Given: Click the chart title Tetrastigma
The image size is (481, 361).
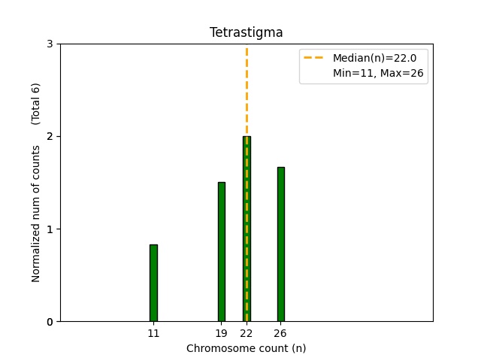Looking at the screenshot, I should tap(246, 32).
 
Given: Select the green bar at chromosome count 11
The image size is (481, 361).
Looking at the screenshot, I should tap(153, 283).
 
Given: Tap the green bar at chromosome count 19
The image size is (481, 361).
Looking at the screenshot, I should tap(222, 252).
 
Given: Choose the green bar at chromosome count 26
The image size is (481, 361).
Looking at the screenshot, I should tap(281, 244).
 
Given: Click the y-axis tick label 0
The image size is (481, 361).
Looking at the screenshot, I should tap(50, 322).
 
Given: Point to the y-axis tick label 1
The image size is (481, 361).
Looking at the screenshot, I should tap(50, 229).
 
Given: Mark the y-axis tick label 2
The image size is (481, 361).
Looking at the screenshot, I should tap(50, 136).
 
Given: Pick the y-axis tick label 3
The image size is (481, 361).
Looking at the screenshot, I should tap(50, 44).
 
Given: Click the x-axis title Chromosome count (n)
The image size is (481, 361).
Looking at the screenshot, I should tap(246, 348).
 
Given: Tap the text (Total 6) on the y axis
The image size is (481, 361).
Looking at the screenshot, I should tap(36, 104).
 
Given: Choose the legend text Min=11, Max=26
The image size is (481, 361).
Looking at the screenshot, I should tap(380, 73).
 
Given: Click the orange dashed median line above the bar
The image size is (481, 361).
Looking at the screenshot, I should tap(247, 90).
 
